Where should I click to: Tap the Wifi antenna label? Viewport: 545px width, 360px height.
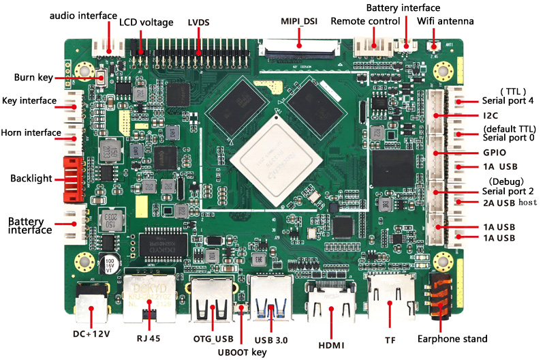(x=446, y=21)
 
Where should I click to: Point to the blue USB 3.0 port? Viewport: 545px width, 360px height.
(x=272, y=299)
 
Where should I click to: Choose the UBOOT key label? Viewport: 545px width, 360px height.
(x=242, y=352)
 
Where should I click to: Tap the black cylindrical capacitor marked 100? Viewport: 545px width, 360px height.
(x=108, y=266)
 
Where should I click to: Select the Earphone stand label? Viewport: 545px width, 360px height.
(x=452, y=339)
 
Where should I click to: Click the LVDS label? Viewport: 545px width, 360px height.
(x=198, y=22)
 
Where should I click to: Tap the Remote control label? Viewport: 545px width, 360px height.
(x=365, y=21)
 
